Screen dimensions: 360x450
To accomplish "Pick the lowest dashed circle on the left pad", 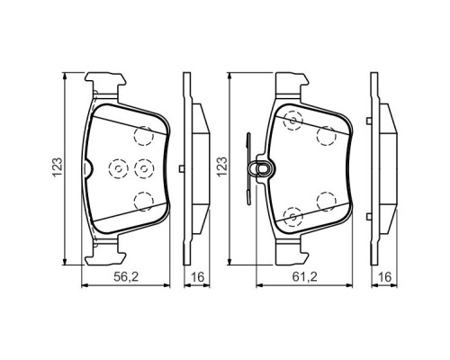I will pos(139,200).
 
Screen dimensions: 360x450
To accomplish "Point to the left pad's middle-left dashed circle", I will pos(114,166).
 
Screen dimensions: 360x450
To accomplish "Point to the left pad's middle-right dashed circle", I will pos(141,167).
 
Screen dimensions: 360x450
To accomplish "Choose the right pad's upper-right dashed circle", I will pos(326,135).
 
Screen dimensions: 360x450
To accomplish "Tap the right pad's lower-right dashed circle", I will pos(326,199).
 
